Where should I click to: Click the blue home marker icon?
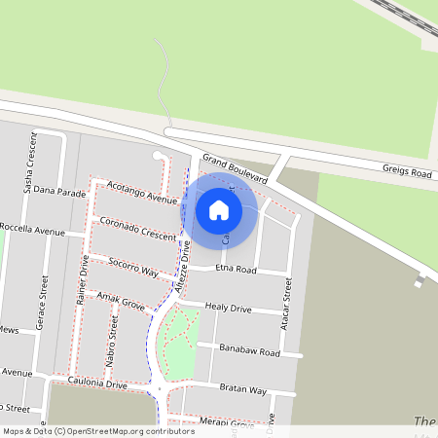click(x=219, y=209)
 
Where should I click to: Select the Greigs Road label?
click(x=407, y=173)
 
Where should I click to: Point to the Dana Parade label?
click(x=59, y=191)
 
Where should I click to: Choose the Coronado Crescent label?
click(x=137, y=229)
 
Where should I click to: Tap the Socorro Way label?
click(x=133, y=266)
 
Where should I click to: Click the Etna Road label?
click(x=235, y=269)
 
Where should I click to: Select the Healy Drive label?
click(x=228, y=309)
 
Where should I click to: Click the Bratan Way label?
click(x=243, y=389)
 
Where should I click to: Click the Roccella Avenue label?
click(x=32, y=231)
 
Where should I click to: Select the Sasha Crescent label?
click(x=30, y=161)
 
